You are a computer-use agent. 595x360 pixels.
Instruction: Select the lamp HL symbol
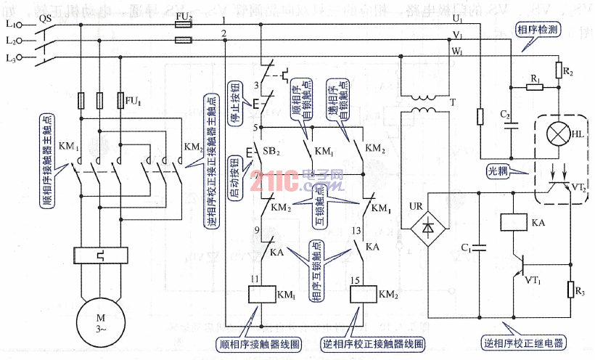[559, 134]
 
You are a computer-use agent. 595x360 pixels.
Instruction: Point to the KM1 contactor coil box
[260, 294]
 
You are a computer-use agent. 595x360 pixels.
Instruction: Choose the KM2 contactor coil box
[361, 294]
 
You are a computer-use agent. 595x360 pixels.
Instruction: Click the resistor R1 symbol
[534, 86]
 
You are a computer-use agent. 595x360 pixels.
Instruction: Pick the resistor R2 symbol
[559, 71]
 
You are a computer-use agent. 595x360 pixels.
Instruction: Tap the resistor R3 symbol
[572, 289]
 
